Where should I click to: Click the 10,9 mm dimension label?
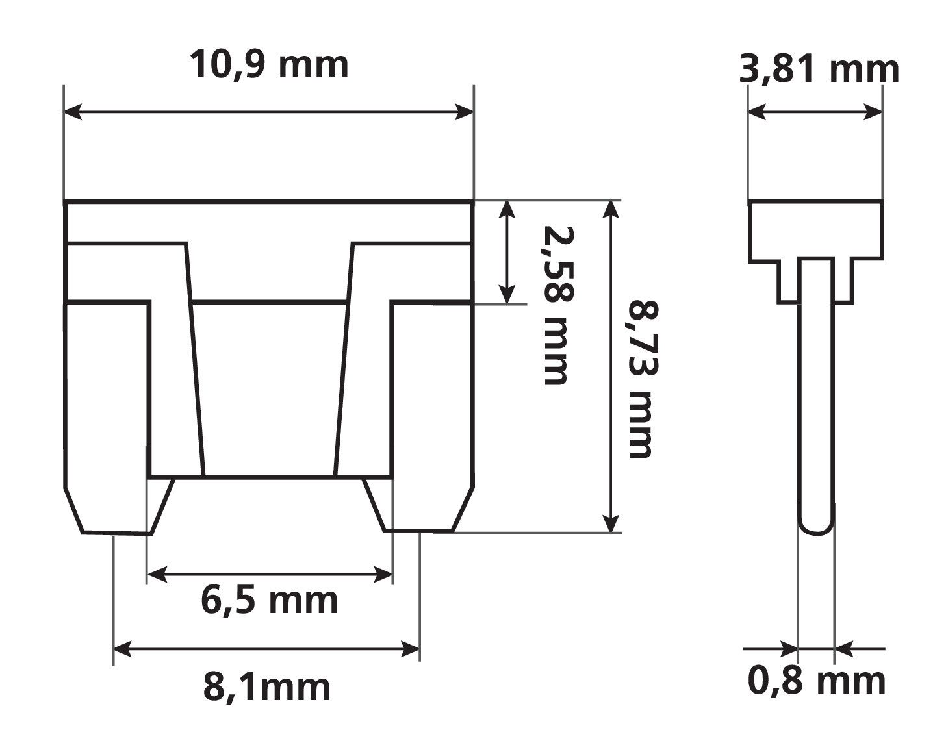point(269,66)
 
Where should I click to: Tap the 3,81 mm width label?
point(819,69)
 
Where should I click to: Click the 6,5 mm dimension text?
point(269,601)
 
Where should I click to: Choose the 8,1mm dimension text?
point(267,687)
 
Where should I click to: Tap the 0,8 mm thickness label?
point(817,681)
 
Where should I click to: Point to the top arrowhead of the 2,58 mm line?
point(507,209)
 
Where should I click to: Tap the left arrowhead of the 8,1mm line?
point(122,648)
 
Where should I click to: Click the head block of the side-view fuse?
point(816,231)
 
